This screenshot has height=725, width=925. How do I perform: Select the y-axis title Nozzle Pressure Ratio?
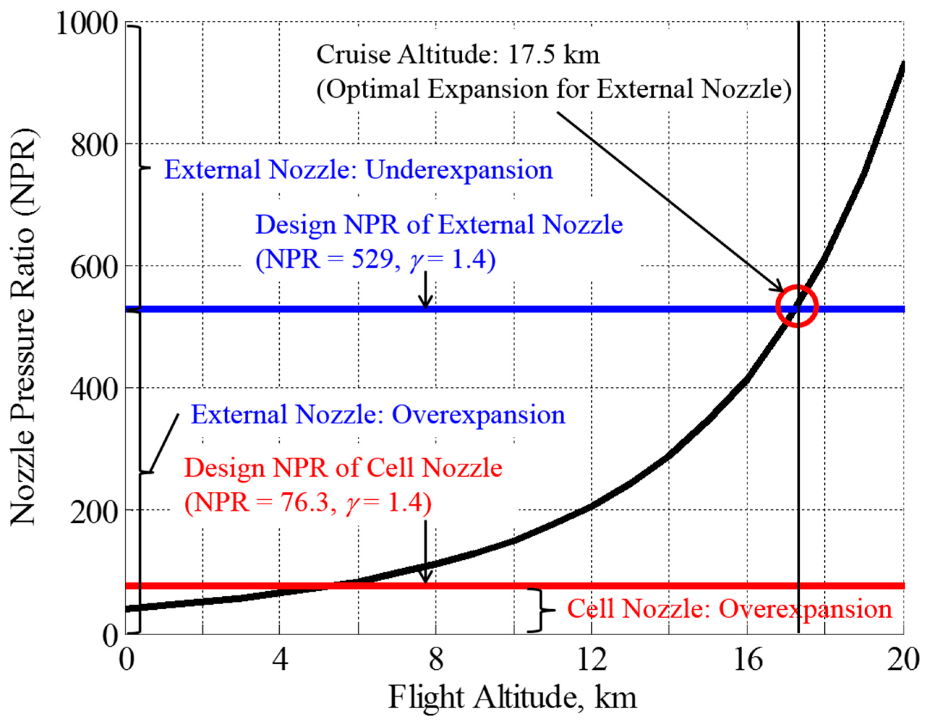point(24,327)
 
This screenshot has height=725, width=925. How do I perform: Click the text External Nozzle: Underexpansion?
point(358,170)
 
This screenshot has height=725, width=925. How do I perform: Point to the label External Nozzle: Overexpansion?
point(378,415)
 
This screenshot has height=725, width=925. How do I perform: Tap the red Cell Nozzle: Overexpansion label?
point(729,609)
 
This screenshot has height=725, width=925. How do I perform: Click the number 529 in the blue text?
point(372,259)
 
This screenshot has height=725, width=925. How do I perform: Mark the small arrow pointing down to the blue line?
point(425,290)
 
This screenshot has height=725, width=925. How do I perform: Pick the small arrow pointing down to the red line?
point(425,552)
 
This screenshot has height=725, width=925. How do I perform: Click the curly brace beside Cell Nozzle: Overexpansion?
point(539,610)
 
